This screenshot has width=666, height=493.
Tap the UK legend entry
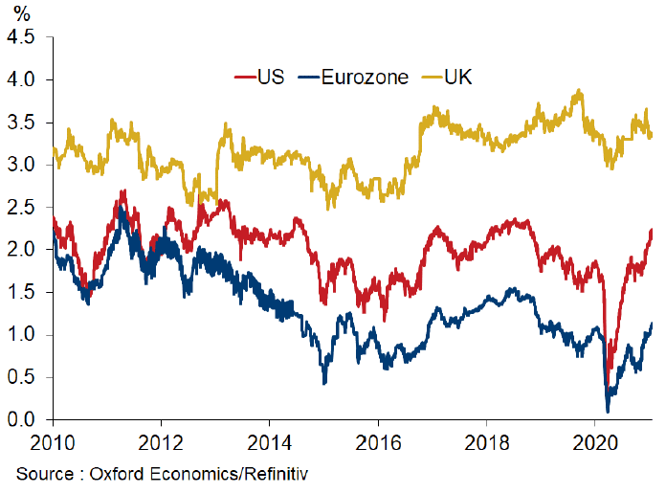(460, 77)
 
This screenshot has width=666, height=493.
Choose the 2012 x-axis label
(160, 444)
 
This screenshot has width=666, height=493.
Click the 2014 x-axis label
(269, 444)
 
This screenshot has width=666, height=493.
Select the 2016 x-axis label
(378, 444)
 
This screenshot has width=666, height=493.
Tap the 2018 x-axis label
(487, 444)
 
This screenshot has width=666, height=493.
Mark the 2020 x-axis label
(595, 444)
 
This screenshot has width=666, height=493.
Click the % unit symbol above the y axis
(20, 14)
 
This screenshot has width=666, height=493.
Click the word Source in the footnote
(44, 473)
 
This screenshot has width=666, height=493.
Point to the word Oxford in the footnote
(121, 473)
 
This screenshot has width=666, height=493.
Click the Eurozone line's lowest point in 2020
(608, 411)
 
